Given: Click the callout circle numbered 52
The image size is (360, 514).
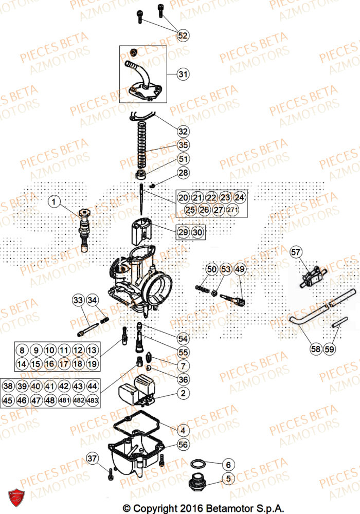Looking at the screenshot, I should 183,35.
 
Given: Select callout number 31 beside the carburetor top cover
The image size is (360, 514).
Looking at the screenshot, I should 183,75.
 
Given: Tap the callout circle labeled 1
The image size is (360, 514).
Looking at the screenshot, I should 56,201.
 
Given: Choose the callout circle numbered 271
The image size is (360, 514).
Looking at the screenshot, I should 232,210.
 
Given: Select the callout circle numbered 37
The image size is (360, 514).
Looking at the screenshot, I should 92,458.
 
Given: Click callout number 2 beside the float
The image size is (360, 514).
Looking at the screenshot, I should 183,394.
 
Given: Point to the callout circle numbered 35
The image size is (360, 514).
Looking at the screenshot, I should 183,145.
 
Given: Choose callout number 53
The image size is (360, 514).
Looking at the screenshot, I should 226,269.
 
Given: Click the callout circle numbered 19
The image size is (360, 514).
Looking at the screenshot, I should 92,364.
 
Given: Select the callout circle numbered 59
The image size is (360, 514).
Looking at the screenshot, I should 329,349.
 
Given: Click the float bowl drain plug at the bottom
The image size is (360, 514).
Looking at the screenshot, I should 196,484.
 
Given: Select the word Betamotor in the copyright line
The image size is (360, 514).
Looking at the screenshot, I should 225,508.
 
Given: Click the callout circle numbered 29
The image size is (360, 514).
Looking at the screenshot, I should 183,232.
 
